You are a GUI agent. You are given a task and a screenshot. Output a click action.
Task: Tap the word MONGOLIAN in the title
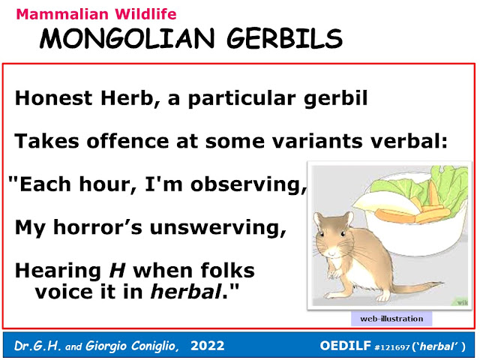[x=127, y=38]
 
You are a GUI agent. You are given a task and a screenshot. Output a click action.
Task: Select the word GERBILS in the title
[x=284, y=38]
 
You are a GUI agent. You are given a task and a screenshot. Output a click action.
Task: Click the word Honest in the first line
[x=53, y=98]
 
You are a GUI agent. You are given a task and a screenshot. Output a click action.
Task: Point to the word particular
[x=241, y=99]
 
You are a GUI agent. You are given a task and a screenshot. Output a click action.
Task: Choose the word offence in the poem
[x=127, y=141]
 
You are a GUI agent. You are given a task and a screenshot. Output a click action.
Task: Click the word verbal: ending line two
[x=409, y=141]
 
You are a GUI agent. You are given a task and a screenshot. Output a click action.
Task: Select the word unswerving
[x=217, y=228]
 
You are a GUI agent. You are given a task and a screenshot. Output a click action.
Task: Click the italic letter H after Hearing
[x=118, y=271]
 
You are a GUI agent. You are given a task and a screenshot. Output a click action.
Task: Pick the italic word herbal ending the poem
[x=186, y=292]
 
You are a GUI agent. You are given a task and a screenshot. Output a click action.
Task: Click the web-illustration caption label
[x=391, y=319]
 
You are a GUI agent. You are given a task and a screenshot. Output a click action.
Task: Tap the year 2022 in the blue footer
[x=208, y=346]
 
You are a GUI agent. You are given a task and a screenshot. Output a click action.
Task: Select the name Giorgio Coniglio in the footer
[x=132, y=346]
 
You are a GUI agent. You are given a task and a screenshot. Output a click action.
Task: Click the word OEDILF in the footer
[x=345, y=346]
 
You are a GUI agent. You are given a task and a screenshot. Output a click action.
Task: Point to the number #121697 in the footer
[x=392, y=347]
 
